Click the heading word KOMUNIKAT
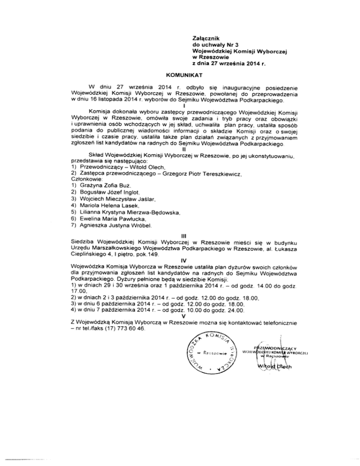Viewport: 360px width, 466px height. [180, 75]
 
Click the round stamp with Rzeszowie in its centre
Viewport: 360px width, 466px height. [207, 352]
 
